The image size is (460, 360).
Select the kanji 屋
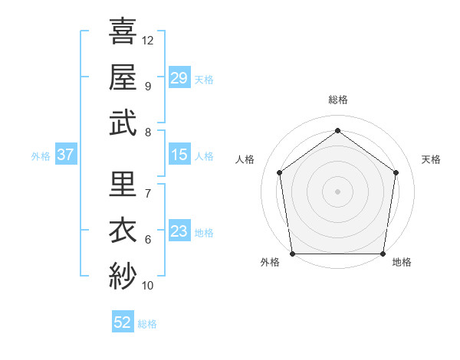click(123, 77)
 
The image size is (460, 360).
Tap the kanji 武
click(123, 123)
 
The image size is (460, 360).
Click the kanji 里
click(123, 184)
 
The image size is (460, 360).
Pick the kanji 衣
click(123, 230)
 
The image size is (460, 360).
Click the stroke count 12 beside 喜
click(148, 40)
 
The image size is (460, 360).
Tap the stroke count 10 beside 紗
click(148, 286)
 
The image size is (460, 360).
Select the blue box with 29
click(179, 77)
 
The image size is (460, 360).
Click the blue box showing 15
click(179, 155)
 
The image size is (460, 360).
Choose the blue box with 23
click(179, 231)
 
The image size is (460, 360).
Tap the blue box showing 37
click(65, 155)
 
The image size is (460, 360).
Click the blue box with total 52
click(123, 322)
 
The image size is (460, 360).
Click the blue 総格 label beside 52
click(147, 324)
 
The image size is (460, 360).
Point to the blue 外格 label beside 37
click(41, 156)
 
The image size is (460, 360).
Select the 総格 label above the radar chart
click(337, 100)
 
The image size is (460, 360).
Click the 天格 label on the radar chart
click(431, 159)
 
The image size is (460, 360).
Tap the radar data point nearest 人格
click(279, 172)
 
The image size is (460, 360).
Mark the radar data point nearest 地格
click(383, 254)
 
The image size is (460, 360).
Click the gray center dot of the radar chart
click(337, 191)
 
